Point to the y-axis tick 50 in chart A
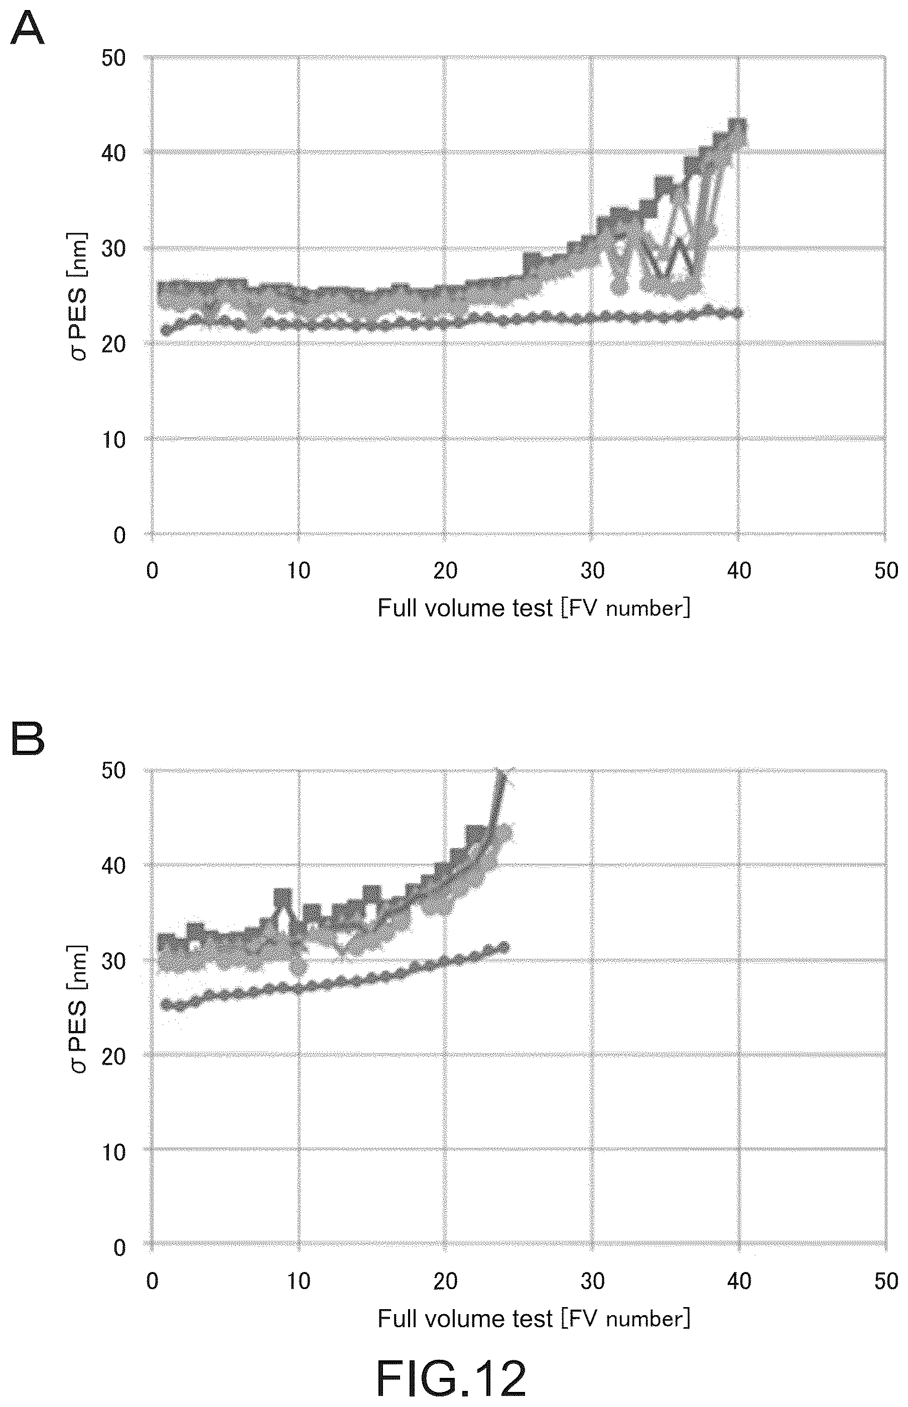point(114,58)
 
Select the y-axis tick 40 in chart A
point(114,153)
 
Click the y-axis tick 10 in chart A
point(114,439)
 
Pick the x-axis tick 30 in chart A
point(592,570)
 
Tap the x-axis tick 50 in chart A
point(885,570)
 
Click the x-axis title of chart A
point(534,608)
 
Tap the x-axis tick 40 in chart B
point(739,1282)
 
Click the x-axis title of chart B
point(534,1319)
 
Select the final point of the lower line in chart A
point(738,313)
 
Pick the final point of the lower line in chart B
point(503,948)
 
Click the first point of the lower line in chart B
point(166,1003)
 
